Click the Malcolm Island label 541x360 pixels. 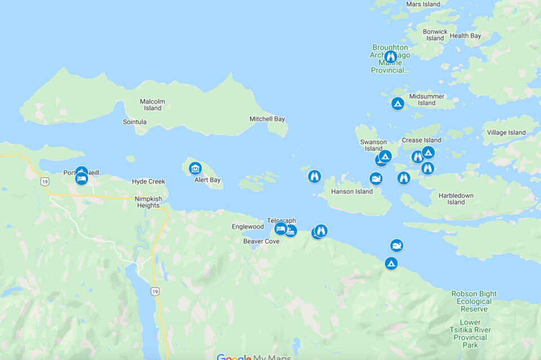(152, 105)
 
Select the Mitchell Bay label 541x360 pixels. (267, 119)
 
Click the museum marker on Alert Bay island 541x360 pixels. (196, 168)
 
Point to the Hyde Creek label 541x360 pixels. (148, 181)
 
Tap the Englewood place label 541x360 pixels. (247, 226)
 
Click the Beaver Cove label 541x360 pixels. (261, 241)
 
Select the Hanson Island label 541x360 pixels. (352, 192)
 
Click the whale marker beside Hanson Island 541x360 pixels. (376, 179)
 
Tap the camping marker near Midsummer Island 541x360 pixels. (397, 104)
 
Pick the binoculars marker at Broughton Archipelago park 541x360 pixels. (391, 57)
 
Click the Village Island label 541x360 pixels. (506, 133)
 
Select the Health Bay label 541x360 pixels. (465, 36)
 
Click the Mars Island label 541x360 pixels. (423, 5)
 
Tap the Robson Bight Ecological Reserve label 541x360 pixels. (474, 301)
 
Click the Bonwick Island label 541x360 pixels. (435, 35)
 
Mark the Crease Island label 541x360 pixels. (422, 140)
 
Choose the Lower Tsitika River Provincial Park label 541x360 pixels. (470, 334)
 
